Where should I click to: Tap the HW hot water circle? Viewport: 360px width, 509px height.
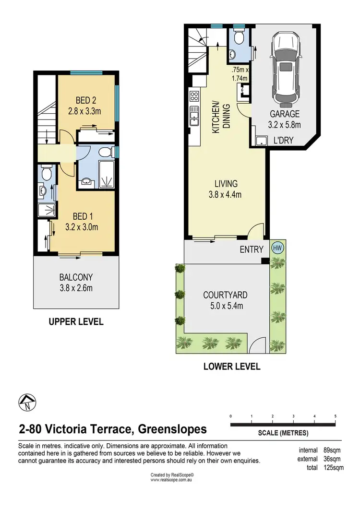pyautogui.click(x=277, y=248)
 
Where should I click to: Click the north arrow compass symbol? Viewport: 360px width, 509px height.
pyautogui.click(x=27, y=403)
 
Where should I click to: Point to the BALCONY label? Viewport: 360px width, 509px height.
pyautogui.click(x=76, y=277)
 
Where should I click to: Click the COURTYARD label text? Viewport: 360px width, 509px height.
pyautogui.click(x=225, y=295)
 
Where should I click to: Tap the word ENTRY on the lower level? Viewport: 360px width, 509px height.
pyautogui.click(x=252, y=249)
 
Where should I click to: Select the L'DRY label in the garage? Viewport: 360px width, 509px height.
pyautogui.click(x=283, y=140)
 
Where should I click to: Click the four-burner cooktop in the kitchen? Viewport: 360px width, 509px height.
pyautogui.click(x=194, y=96)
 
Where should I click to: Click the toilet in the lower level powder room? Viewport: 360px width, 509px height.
pyautogui.click(x=239, y=36)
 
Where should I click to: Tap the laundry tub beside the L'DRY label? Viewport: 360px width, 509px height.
pyautogui.click(x=261, y=141)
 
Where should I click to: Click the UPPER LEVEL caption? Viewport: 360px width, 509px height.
pyautogui.click(x=76, y=322)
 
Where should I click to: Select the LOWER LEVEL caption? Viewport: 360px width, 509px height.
pyautogui.click(x=232, y=367)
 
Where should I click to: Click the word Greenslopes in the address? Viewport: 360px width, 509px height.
pyautogui.click(x=172, y=429)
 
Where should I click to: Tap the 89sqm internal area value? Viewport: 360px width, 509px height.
pyautogui.click(x=332, y=450)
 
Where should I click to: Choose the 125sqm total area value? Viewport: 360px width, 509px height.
pyautogui.click(x=333, y=468)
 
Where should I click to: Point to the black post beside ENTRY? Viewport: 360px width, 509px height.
pyautogui.click(x=265, y=260)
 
